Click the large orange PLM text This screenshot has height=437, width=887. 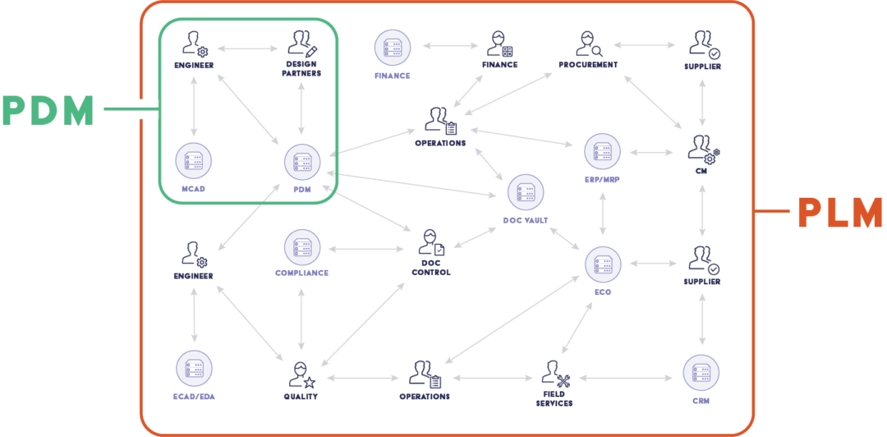pyautogui.click(x=840, y=213)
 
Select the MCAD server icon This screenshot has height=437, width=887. pyautogui.click(x=194, y=162)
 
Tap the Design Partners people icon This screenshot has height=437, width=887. pyautogui.click(x=301, y=44)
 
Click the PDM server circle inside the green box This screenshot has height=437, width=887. pyautogui.click(x=302, y=162)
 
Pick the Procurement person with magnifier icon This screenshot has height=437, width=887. pyautogui.click(x=587, y=44)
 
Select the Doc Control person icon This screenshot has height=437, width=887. pyautogui.click(x=431, y=244)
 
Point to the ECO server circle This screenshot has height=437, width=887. pyautogui.click(x=603, y=264)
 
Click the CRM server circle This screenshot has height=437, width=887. pyautogui.click(x=701, y=374)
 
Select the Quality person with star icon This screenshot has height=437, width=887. pyautogui.click(x=301, y=375)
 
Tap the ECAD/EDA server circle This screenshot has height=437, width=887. pyautogui.click(x=194, y=370)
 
